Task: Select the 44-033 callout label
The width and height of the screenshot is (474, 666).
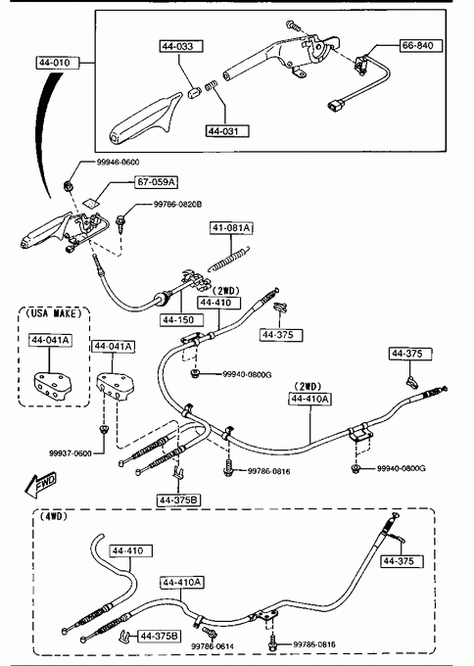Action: tap(181, 46)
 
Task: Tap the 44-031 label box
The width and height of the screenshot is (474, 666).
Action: tap(227, 131)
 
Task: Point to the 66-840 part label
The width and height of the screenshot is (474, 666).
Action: tap(421, 45)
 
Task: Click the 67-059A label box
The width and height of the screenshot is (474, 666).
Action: tap(157, 182)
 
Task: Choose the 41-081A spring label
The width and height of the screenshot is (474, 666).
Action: tap(231, 228)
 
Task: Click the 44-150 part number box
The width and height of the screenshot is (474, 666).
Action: tap(182, 320)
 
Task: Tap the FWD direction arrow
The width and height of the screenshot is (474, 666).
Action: tap(40, 484)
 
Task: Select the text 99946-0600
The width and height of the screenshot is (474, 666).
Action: tap(118, 162)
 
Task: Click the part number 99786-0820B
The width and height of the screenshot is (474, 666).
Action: tap(177, 205)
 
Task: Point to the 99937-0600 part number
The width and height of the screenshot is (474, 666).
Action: tap(71, 453)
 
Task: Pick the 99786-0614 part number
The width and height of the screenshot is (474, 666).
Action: tap(213, 646)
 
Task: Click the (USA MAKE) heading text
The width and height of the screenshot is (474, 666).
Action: tap(54, 313)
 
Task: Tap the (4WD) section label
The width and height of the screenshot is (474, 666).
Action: tap(54, 516)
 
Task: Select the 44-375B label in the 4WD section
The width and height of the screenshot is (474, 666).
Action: tap(160, 636)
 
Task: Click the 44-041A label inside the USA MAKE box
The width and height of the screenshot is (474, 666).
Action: tap(50, 340)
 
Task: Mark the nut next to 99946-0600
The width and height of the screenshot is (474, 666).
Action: tap(68, 185)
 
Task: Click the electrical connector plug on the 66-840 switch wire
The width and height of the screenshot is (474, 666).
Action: tap(334, 105)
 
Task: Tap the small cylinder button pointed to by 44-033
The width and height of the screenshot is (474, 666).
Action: tap(194, 93)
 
